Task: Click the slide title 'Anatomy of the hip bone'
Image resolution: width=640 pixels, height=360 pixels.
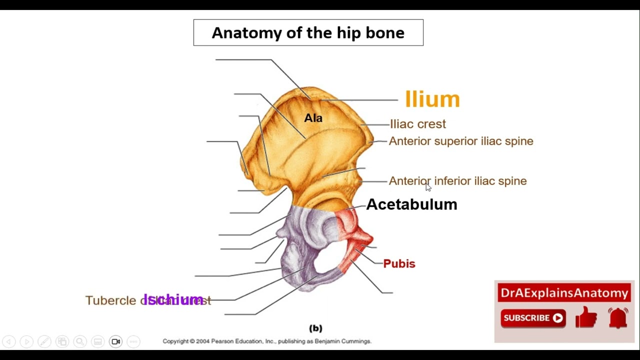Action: [x=308, y=33]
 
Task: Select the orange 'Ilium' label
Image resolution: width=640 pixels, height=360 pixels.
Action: [x=432, y=99]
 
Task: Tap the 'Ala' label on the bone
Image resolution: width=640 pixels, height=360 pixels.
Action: [x=313, y=118]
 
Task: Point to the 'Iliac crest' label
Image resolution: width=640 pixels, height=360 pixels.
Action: [x=417, y=124]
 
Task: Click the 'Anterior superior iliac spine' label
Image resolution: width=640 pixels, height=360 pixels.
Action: [x=461, y=141]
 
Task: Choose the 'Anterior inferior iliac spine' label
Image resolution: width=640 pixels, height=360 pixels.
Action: [x=457, y=181]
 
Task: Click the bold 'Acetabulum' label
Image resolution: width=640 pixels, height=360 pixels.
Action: [x=411, y=204]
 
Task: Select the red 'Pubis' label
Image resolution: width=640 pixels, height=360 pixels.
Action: [x=399, y=263]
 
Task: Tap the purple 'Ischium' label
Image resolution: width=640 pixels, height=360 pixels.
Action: [x=173, y=299]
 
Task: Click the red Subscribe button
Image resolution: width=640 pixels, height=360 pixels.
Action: [x=533, y=318]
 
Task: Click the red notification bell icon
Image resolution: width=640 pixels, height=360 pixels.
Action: [x=618, y=317]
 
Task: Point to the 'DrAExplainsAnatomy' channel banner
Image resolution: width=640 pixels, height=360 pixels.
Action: [x=564, y=293]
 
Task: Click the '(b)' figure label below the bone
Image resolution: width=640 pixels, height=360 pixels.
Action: [x=315, y=328]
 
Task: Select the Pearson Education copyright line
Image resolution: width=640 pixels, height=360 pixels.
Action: [x=266, y=341]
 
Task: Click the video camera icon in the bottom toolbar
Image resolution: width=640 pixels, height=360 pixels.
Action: [x=115, y=341]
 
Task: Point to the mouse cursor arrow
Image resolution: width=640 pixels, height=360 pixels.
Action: [x=428, y=187]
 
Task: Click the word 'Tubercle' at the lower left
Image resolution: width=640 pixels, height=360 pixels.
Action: [x=110, y=300]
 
